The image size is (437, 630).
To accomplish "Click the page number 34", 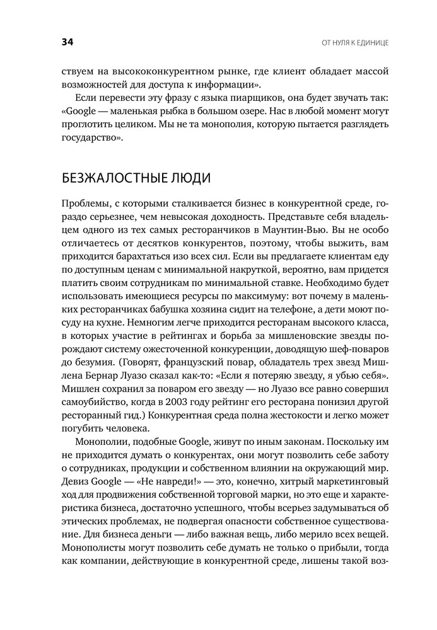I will pos(67,43).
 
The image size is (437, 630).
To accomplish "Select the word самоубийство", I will pos(98,396).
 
